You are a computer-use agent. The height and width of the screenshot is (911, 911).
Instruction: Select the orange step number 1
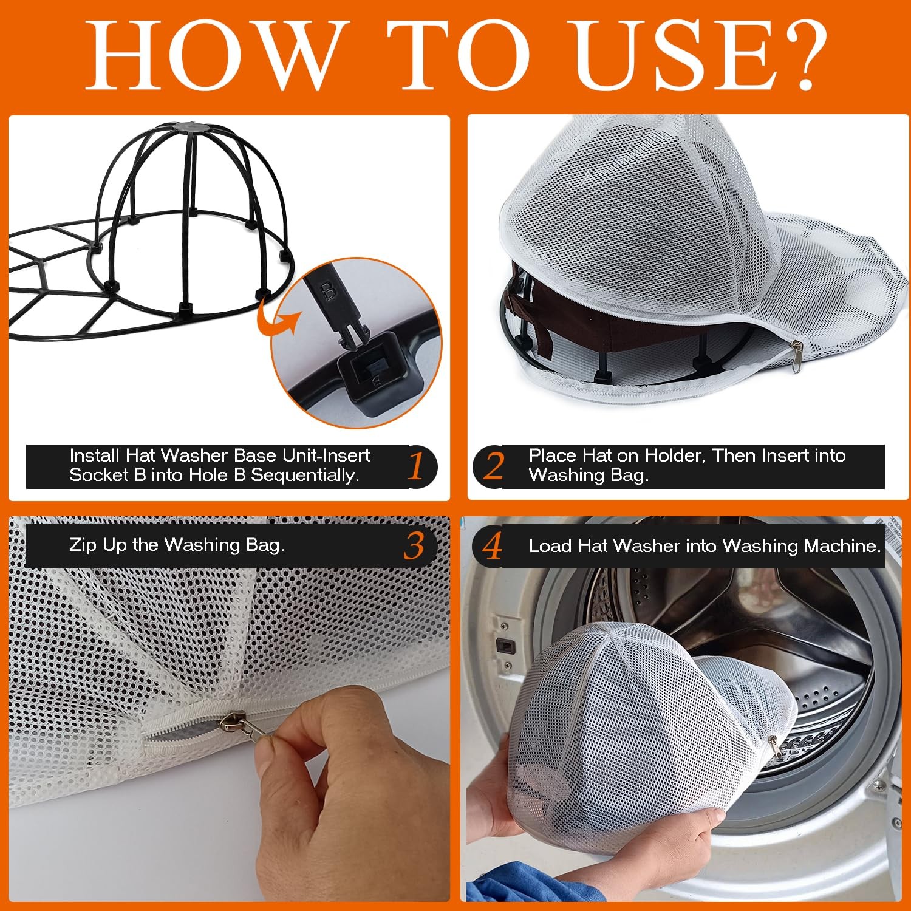[415, 466]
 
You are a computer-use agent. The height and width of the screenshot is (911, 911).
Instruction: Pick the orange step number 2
[494, 466]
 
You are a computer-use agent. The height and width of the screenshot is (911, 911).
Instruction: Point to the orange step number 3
[414, 545]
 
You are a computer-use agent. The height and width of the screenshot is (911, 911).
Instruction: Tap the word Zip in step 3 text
[83, 545]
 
